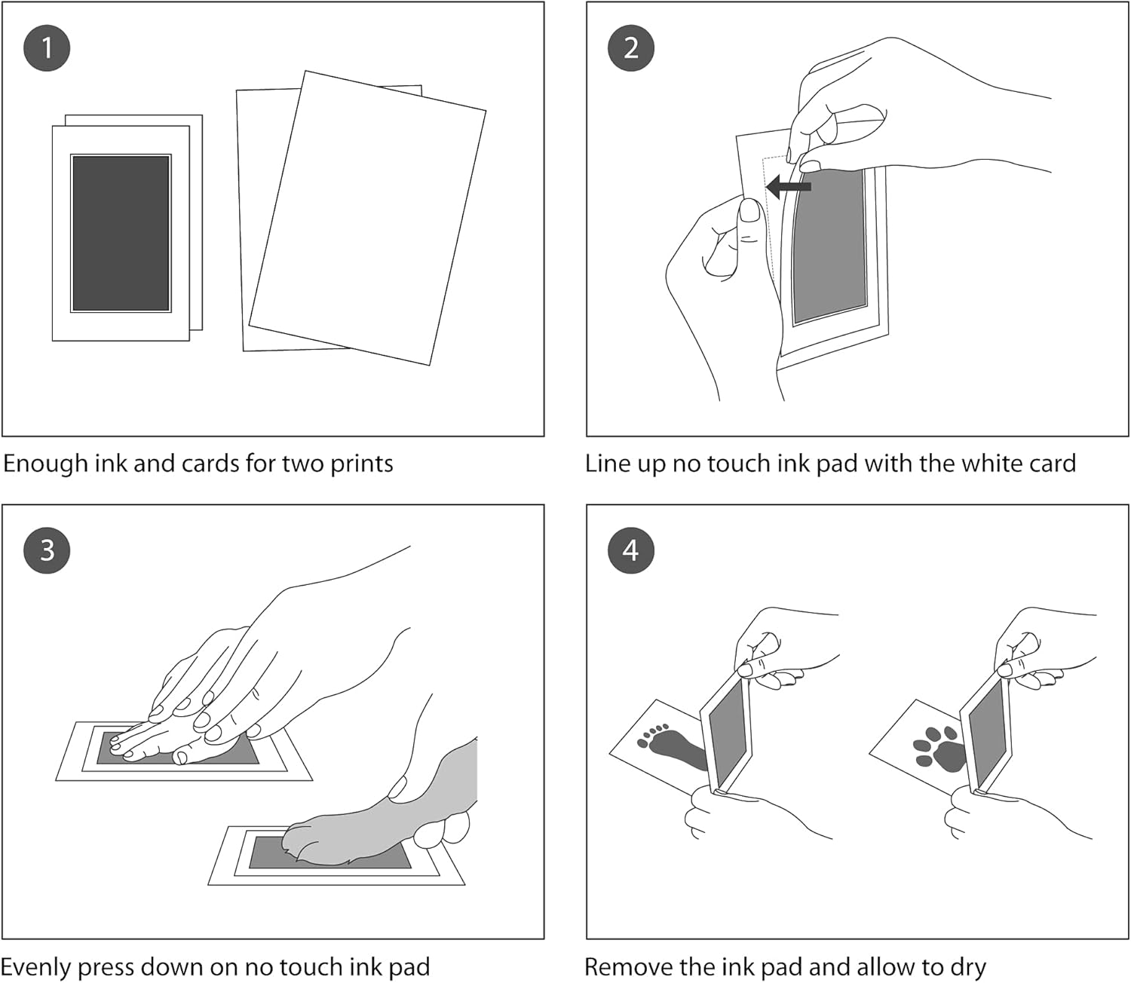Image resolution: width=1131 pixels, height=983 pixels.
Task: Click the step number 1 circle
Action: click(47, 48)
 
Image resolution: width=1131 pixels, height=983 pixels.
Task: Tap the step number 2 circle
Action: click(631, 48)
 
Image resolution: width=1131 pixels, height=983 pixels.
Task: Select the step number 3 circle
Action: click(47, 550)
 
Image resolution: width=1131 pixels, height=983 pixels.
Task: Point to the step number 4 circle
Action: click(631, 550)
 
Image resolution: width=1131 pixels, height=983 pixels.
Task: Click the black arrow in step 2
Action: click(788, 186)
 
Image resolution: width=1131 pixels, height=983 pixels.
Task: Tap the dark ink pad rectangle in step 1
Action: click(121, 233)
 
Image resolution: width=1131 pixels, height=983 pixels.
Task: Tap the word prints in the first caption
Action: click(361, 464)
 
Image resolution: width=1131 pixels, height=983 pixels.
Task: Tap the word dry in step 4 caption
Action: click(968, 967)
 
